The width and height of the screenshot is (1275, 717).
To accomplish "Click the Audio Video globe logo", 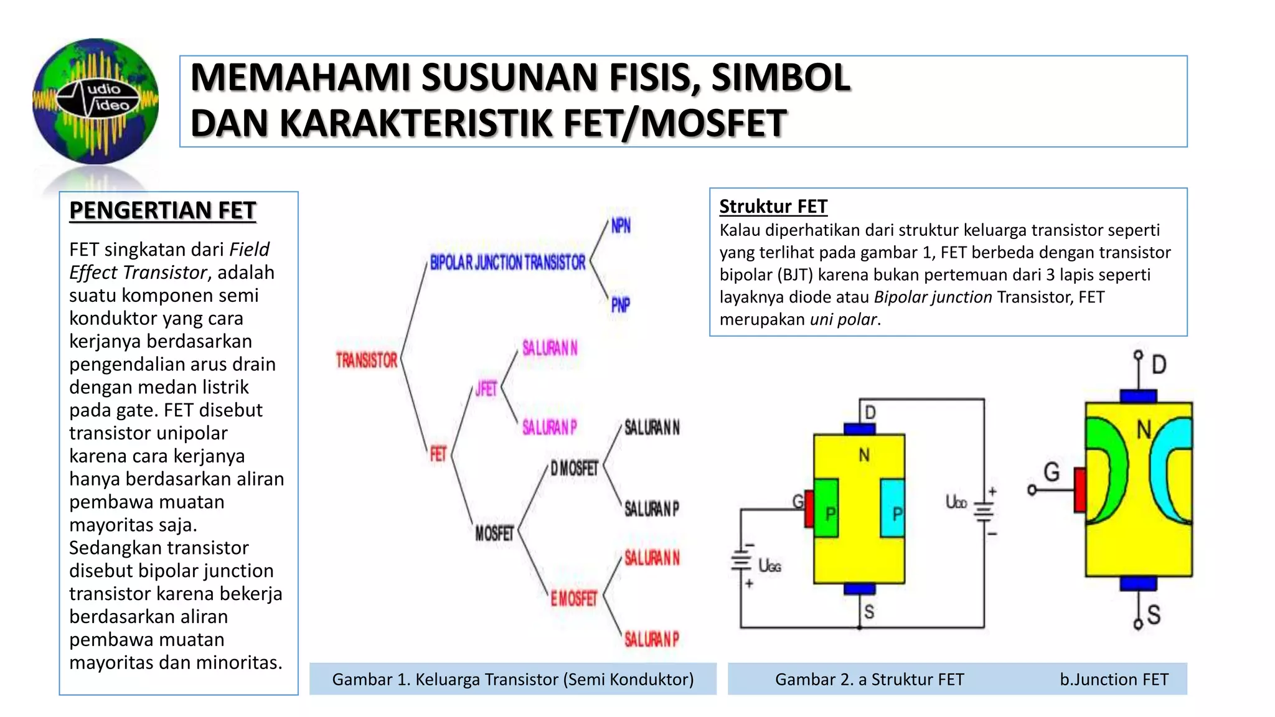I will (x=95, y=101).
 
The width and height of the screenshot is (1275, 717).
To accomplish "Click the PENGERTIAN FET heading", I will (x=162, y=210).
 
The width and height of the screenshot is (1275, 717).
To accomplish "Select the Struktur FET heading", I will (x=773, y=206).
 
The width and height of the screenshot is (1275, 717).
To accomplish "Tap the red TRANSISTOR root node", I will (x=366, y=360).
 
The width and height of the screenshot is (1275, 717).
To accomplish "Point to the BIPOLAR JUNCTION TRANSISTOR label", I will (x=507, y=263).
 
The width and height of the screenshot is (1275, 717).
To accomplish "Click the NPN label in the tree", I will (x=621, y=226).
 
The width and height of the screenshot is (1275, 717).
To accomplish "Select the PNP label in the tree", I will (x=620, y=305).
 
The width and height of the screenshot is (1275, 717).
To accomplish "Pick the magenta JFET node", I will (x=486, y=390).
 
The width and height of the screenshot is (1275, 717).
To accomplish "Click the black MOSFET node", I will (x=494, y=533).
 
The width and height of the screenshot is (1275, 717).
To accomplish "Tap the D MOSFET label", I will (x=574, y=468).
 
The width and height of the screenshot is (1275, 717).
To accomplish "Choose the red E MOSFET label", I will (x=573, y=599).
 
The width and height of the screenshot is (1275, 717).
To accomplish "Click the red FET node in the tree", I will (x=438, y=454).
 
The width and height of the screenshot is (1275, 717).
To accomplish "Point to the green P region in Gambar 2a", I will (x=827, y=508).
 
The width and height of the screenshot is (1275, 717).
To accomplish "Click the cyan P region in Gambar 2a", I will (x=893, y=508).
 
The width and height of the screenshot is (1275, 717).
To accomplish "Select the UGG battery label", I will (x=769, y=566).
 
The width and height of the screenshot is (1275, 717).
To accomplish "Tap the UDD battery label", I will (x=956, y=502).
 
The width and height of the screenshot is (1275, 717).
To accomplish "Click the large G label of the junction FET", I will (x=1052, y=472).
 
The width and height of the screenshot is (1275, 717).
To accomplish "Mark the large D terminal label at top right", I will (x=1159, y=364).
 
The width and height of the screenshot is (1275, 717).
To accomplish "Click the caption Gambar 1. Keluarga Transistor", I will (x=512, y=679).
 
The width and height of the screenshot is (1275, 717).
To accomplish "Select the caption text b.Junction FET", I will (x=1114, y=679).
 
